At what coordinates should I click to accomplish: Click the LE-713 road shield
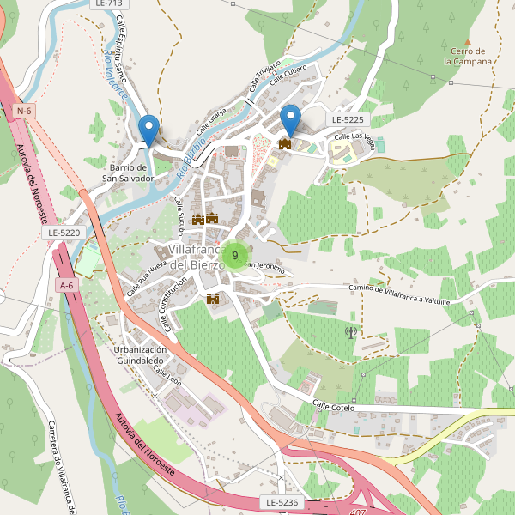point(104,4)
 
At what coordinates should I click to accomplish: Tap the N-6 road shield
point(24,111)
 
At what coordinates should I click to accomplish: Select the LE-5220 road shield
point(64,233)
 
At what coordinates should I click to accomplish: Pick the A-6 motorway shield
point(67,284)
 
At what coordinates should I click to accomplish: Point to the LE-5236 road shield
point(281,501)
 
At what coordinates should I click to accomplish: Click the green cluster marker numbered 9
point(235,255)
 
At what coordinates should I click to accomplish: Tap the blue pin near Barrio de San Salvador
point(149,130)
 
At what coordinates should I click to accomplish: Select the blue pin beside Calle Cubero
point(291,120)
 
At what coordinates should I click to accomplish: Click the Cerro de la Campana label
point(468,57)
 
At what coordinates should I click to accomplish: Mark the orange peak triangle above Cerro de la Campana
point(468,40)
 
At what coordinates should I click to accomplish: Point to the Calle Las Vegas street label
point(354,136)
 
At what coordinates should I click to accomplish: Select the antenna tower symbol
point(350,331)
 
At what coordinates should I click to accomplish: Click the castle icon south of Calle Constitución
point(214,299)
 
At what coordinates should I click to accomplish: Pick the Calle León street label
point(167,375)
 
